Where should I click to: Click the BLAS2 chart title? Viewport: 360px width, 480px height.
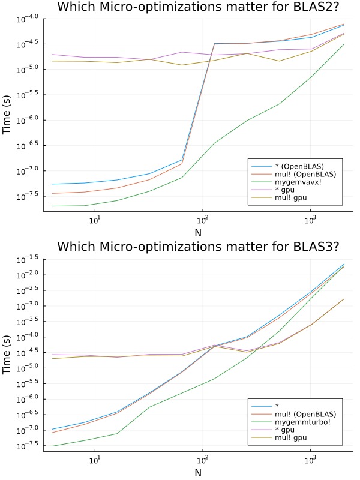pos(197,7)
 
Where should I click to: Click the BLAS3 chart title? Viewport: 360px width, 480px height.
pos(197,247)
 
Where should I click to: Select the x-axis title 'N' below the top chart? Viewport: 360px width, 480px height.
pos(197,232)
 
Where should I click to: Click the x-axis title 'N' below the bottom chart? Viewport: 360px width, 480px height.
pos(197,472)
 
